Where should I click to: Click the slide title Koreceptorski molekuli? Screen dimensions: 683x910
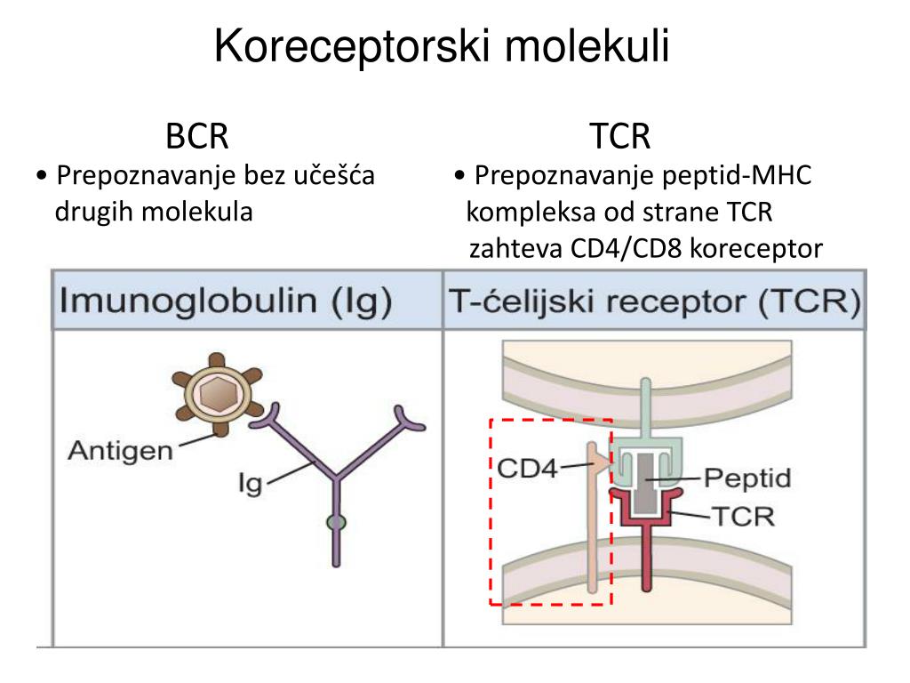click(442, 47)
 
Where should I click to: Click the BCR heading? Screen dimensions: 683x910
click(197, 137)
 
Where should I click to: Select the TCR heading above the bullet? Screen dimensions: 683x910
click(619, 137)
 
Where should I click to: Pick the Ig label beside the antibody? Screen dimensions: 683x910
click(251, 484)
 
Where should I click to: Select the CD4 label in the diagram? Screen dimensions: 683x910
click(526, 468)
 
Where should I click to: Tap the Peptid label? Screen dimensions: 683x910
click(746, 478)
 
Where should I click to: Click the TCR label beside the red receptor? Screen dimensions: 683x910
click(743, 516)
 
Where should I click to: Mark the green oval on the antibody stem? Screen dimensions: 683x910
click(336, 522)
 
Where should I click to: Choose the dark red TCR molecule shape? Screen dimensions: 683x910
click(645, 542)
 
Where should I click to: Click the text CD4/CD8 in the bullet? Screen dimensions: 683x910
click(627, 249)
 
